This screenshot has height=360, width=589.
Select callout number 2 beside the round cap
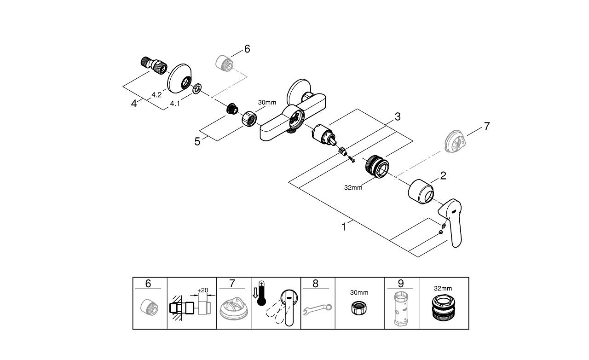pyautogui.click(x=443, y=175)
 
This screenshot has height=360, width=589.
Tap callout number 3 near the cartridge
pyautogui.click(x=397, y=117)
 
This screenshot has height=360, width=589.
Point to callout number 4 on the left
pyautogui.click(x=134, y=104)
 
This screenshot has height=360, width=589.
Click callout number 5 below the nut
pyautogui.click(x=197, y=141)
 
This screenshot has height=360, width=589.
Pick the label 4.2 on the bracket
pyautogui.click(x=156, y=95)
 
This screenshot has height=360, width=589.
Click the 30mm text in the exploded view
pyautogui.click(x=267, y=103)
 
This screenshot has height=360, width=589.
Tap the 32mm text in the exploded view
pyautogui.click(x=353, y=187)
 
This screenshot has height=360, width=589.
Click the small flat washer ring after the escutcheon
pyautogui.click(x=196, y=88)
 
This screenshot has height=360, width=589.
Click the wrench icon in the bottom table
pyautogui.click(x=318, y=308)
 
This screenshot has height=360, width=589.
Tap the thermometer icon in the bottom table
pyautogui.click(x=261, y=295)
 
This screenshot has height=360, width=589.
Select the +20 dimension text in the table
pyautogui.click(x=202, y=290)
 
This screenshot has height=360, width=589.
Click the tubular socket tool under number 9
pyautogui.click(x=401, y=308)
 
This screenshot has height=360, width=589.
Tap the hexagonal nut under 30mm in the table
pyautogui.click(x=359, y=309)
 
